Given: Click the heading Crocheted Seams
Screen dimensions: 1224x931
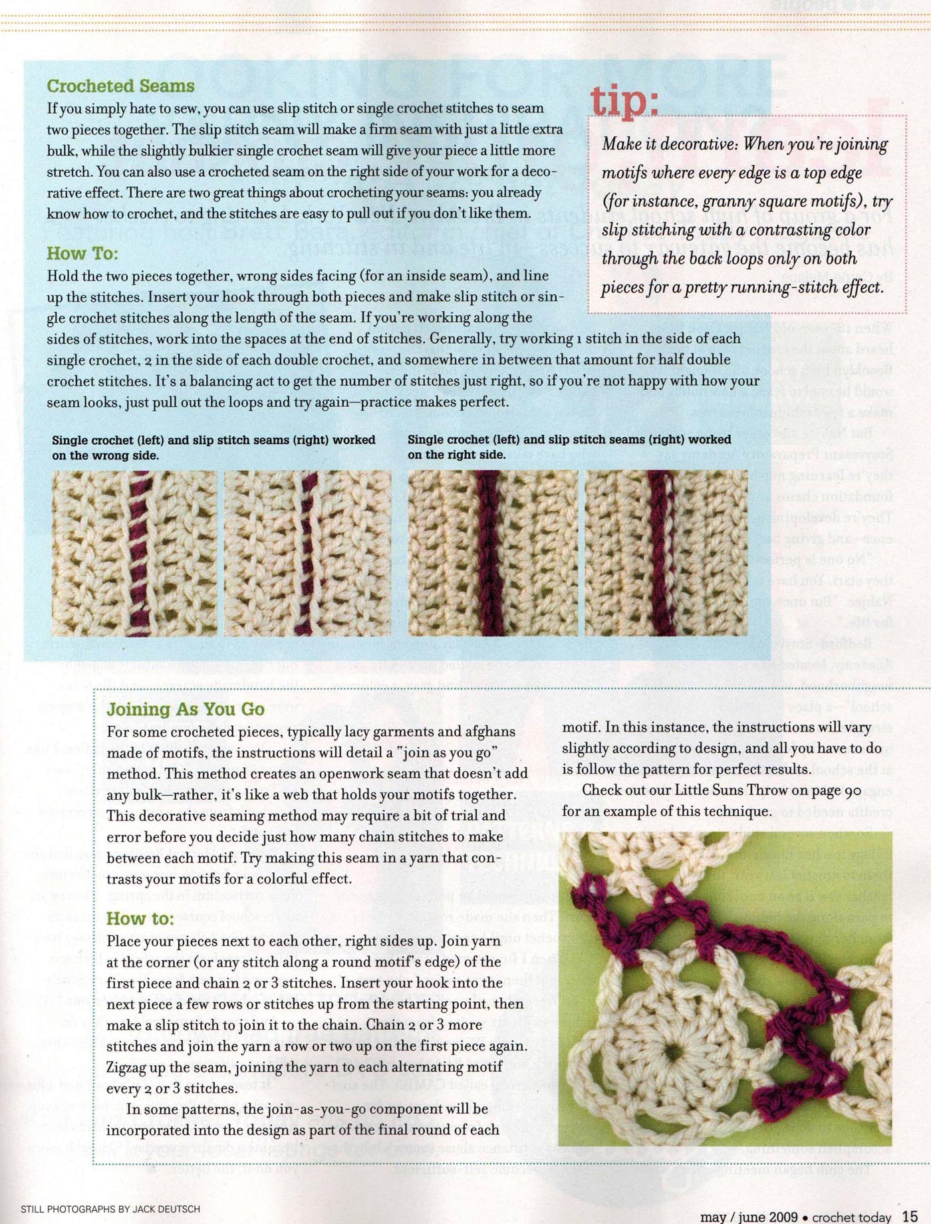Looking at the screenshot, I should (x=120, y=86).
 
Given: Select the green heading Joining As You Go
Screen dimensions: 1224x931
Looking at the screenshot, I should (x=186, y=709).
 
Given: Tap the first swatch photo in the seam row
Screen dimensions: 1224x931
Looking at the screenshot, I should (x=134, y=553).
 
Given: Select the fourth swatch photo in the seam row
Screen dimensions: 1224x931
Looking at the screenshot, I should (x=666, y=553).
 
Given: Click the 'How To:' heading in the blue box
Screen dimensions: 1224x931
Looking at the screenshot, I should (x=82, y=253).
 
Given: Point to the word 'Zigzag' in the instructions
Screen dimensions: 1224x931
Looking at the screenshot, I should (x=130, y=1066).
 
